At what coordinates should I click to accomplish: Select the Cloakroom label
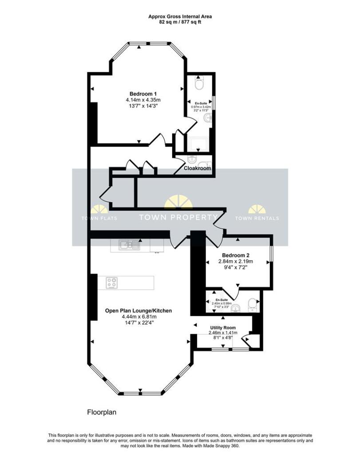click(198, 169)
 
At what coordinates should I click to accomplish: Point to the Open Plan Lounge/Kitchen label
click(138, 311)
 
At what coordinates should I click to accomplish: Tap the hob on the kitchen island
click(112, 283)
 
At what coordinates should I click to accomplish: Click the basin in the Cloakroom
click(193, 159)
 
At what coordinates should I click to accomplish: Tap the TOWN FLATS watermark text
click(99, 218)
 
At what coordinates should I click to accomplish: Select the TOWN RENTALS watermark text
click(257, 218)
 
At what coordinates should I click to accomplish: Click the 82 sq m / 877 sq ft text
click(180, 22)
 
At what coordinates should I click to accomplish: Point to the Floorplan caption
click(102, 412)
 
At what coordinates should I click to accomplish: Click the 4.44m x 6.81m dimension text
click(138, 317)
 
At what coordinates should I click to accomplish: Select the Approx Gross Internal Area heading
click(180, 16)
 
